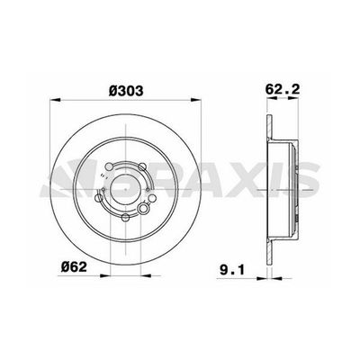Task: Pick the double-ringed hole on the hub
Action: coord(144,208)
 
